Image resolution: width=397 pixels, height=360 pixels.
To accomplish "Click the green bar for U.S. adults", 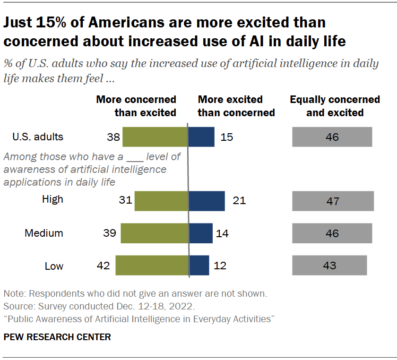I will coord(155,137).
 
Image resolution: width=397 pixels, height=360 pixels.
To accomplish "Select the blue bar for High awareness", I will coord(207,201).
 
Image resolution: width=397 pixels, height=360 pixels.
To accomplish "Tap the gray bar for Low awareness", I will coord(329,265).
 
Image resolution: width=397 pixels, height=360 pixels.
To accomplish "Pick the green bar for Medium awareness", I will coord(154,233).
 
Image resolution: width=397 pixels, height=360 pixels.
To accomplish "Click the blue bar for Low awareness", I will coord(199,265).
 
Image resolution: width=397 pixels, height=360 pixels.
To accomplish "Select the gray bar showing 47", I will coord(333,201).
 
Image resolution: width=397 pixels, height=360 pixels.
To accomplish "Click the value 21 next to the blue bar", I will coord(239,201).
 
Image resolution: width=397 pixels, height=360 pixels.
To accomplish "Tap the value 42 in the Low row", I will coord(103,266).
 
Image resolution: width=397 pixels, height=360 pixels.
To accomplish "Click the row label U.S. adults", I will coord(38,137).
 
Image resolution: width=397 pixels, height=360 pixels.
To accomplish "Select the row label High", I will coord(52,199).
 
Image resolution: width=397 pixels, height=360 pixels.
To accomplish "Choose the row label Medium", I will coord(44,233).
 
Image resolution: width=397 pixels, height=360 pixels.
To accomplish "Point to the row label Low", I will coord(54,266).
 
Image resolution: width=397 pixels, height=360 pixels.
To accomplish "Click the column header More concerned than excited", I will coord(137,106).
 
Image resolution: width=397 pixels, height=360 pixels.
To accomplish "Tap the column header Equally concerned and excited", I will coord(335,106).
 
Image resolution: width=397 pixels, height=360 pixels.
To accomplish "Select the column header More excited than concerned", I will coord(236,106).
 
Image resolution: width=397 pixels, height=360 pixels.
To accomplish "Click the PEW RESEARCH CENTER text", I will coord(57,337).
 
